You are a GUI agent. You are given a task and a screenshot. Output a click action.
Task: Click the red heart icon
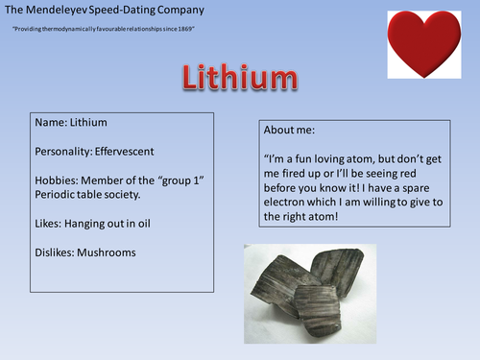click(x=424, y=44)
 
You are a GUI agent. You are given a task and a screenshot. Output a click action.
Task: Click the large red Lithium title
click(x=240, y=77)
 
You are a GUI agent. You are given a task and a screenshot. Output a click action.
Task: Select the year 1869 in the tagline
click(x=185, y=29)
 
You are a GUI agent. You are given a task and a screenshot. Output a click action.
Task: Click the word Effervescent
click(x=124, y=152)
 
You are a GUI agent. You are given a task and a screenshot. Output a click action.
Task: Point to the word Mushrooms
click(x=107, y=252)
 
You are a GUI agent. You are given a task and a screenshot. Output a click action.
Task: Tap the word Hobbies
click(x=57, y=180)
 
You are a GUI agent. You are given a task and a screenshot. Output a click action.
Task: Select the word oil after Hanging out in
click(x=144, y=224)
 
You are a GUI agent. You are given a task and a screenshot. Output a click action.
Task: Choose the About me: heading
click(x=289, y=130)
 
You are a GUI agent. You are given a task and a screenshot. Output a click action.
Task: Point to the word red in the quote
click(x=408, y=174)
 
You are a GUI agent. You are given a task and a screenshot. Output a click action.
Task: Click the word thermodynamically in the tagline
click(x=69, y=29)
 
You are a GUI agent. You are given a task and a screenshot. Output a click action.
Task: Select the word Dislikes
click(x=55, y=252)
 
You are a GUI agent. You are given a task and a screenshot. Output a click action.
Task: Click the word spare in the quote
click(x=416, y=188)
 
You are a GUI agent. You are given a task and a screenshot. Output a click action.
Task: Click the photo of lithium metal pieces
click(x=310, y=294)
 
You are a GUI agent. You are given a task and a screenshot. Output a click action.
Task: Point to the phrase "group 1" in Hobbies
click(x=181, y=180)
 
